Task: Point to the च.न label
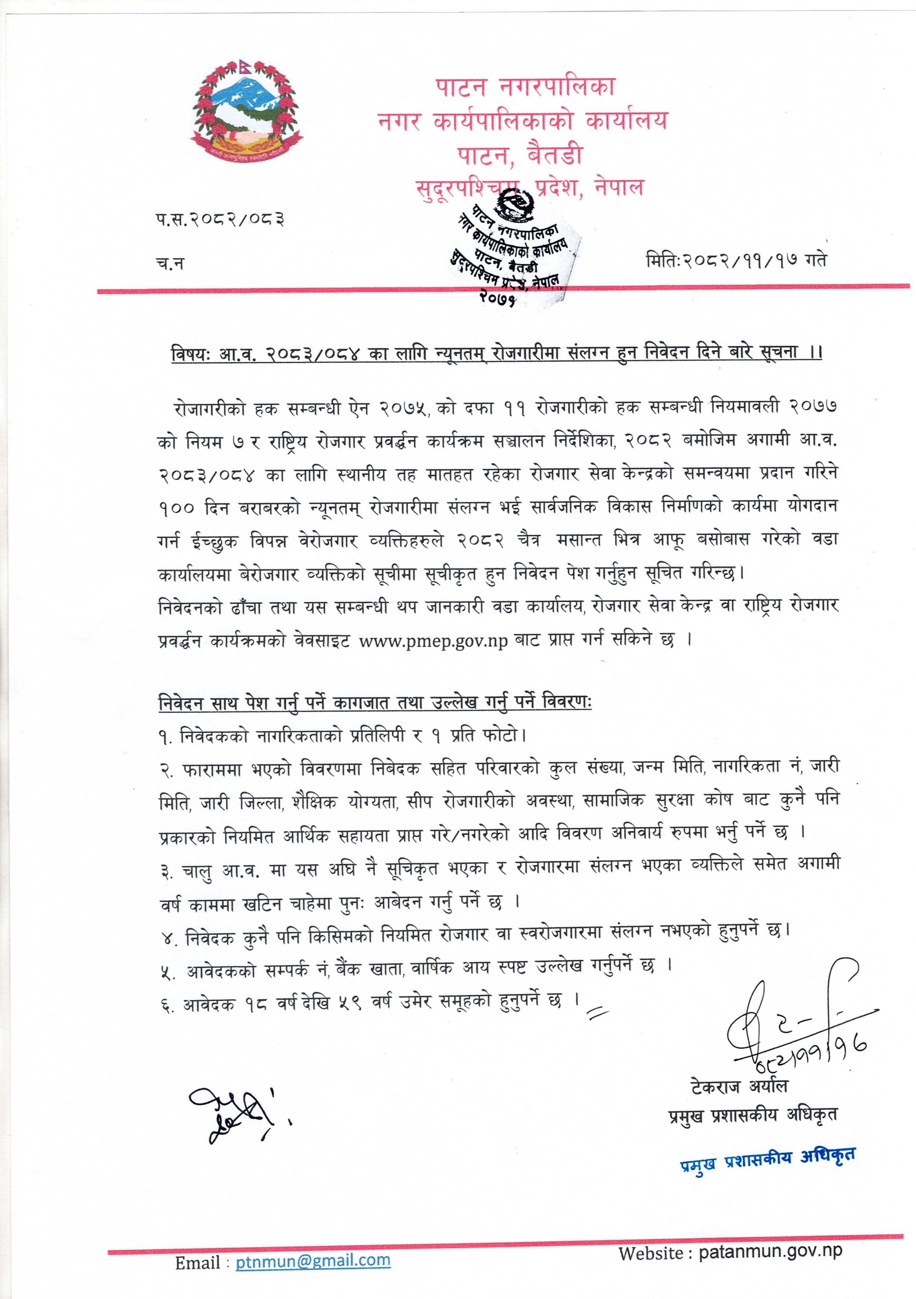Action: (x=170, y=264)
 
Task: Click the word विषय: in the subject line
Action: (x=191, y=353)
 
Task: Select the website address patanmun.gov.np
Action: (x=770, y=1251)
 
